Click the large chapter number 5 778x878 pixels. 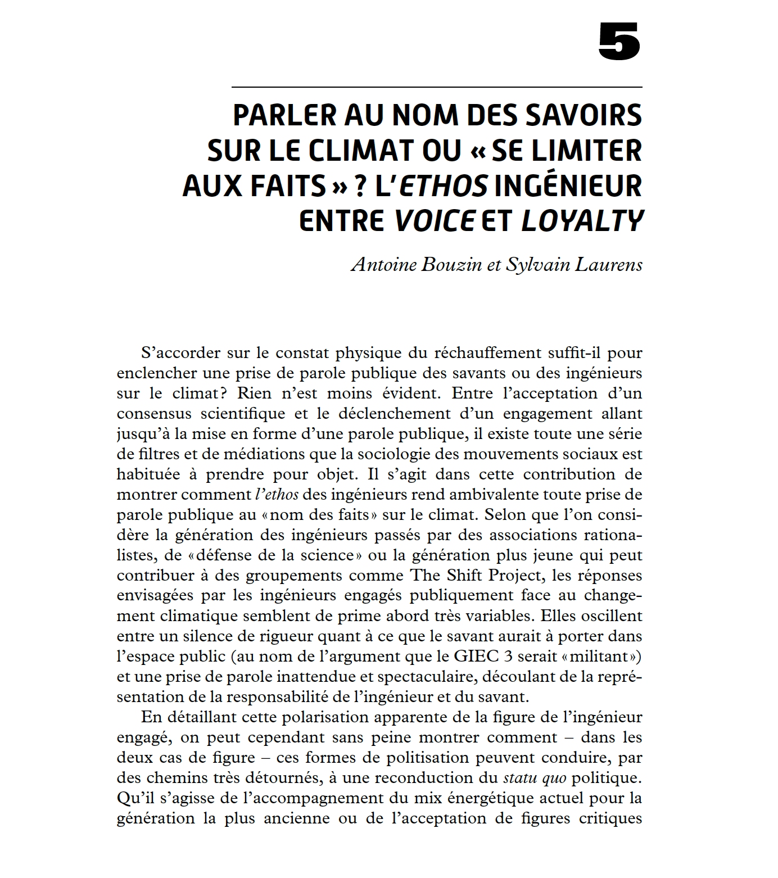tap(619, 42)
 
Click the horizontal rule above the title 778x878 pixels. tap(436, 87)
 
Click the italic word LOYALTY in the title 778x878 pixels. tap(581, 221)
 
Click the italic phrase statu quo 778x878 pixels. tap(534, 778)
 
